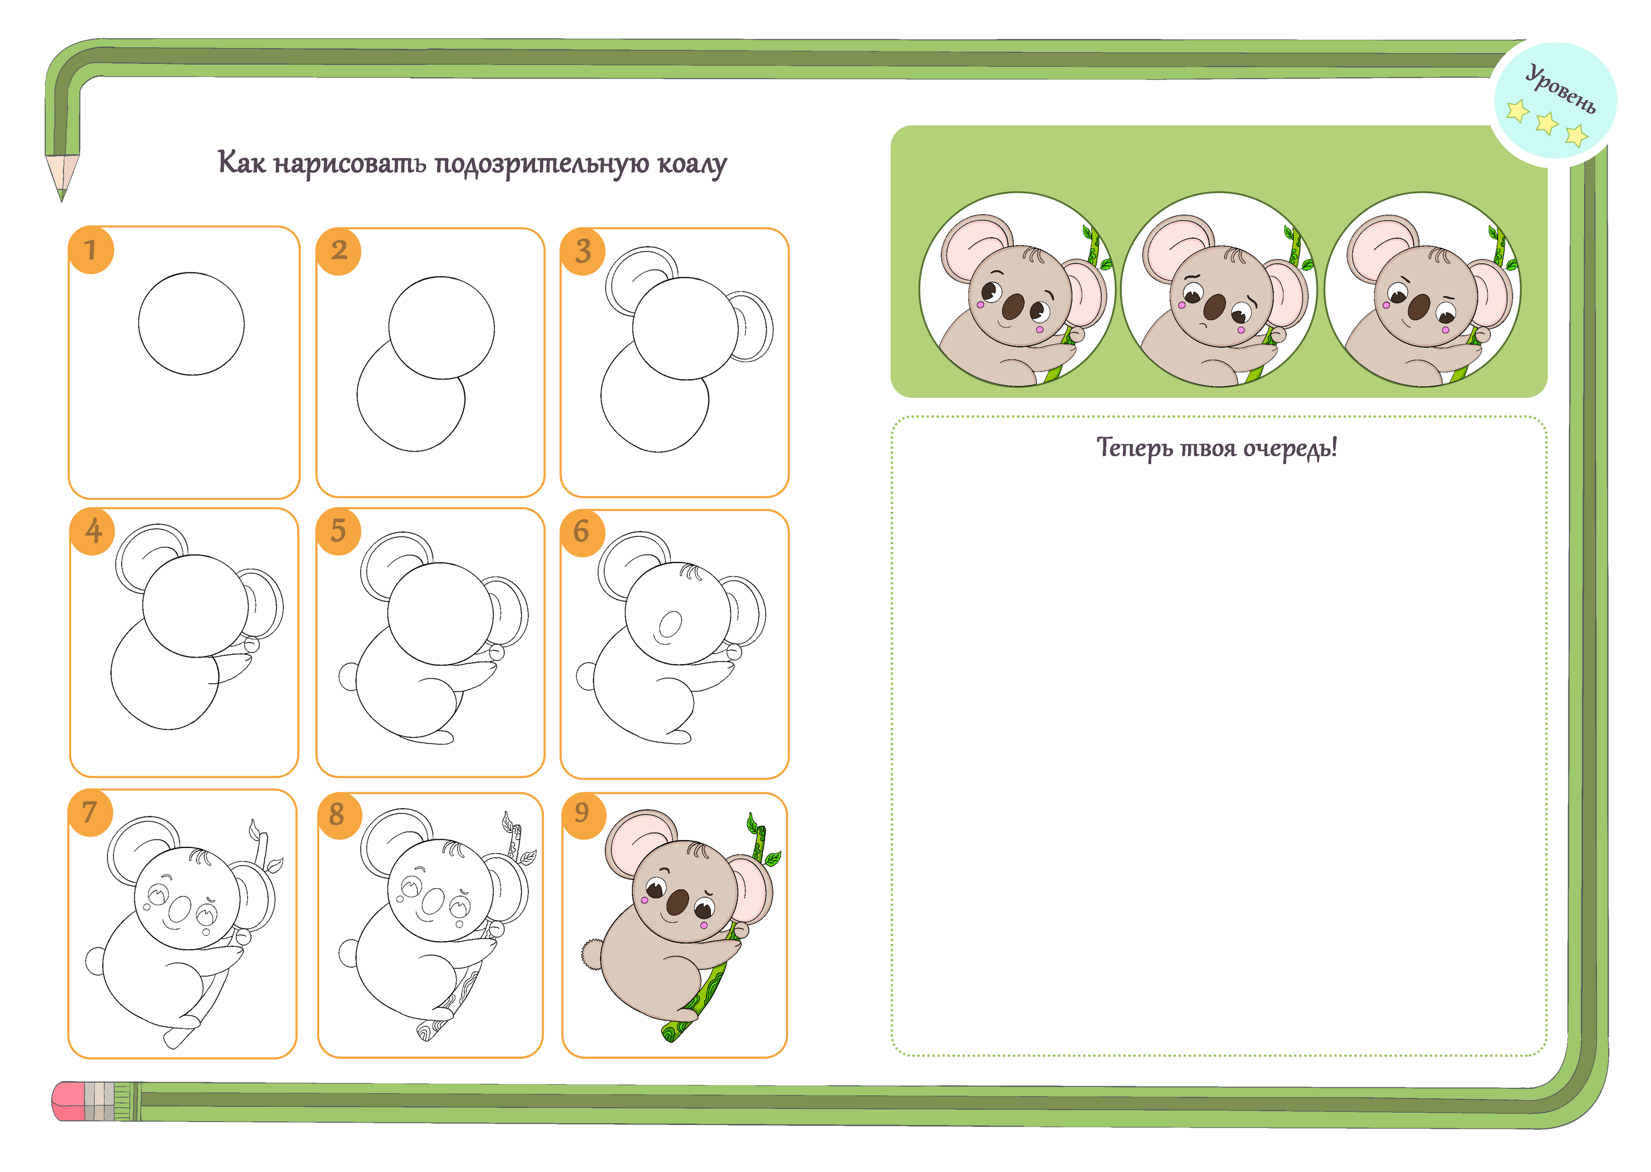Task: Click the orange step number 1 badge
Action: (x=91, y=250)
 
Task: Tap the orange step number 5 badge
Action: (x=338, y=531)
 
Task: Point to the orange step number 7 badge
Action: (x=90, y=813)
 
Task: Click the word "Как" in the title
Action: (x=241, y=162)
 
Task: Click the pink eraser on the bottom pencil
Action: (x=69, y=1101)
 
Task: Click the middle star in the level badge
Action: (x=1546, y=123)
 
